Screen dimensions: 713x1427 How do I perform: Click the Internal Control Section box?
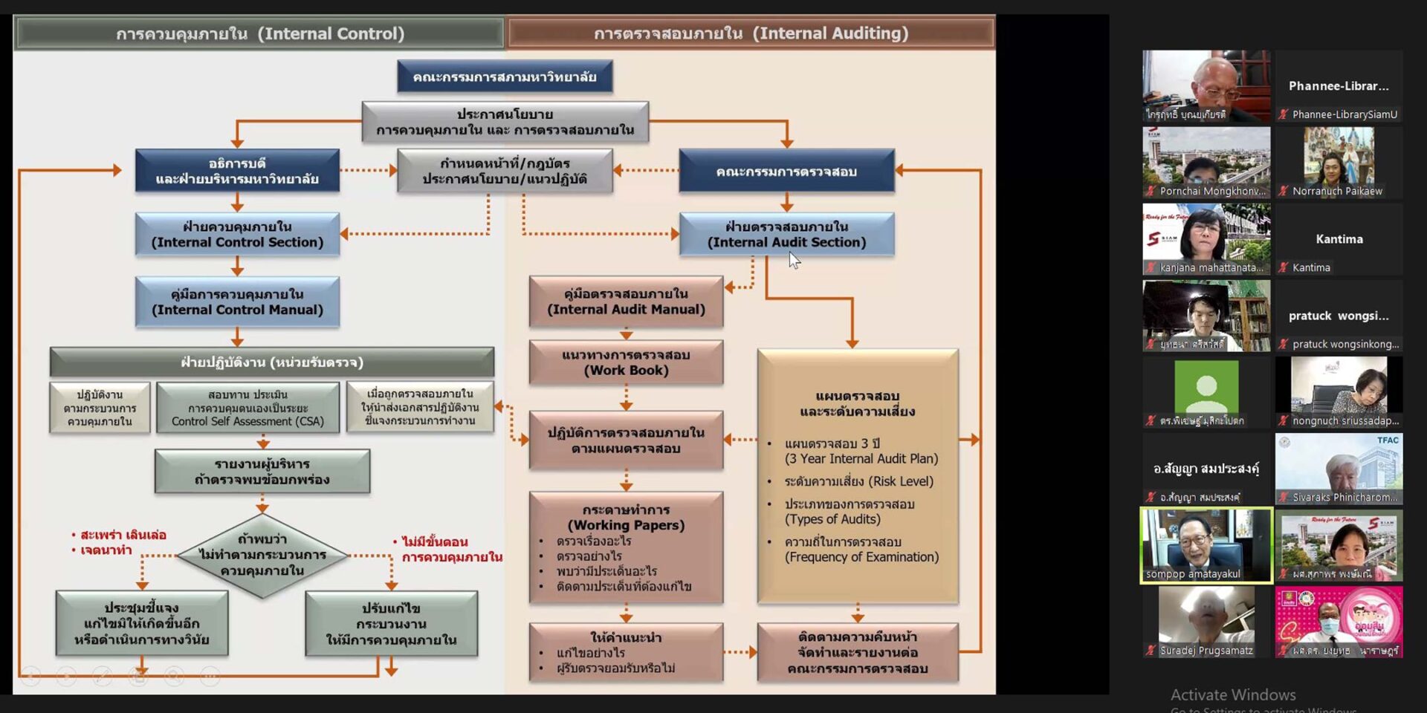tap(237, 235)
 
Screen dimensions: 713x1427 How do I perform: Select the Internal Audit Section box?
tap(786, 235)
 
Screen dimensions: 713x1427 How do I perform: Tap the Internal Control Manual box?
tap(237, 302)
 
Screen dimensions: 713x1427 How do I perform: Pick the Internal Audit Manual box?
tap(626, 302)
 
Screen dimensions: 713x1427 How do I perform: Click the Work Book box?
tap(626, 362)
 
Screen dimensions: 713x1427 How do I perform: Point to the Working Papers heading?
tap(626, 518)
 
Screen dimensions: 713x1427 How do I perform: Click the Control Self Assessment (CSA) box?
tap(247, 408)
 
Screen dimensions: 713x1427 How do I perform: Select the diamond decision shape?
tap(262, 555)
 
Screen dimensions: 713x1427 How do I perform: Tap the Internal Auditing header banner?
tap(751, 33)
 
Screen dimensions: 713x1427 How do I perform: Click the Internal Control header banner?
tap(259, 33)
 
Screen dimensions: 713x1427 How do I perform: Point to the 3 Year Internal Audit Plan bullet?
tap(861, 452)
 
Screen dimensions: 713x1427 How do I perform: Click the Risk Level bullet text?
tap(858, 481)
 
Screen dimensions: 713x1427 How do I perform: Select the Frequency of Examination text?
tap(861, 557)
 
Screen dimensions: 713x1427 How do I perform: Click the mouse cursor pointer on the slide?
tap(794, 259)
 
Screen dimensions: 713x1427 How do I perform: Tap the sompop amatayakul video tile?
tap(1206, 545)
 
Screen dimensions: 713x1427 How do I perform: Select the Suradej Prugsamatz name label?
tap(1206, 651)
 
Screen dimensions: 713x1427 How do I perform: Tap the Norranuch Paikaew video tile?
tap(1339, 161)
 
